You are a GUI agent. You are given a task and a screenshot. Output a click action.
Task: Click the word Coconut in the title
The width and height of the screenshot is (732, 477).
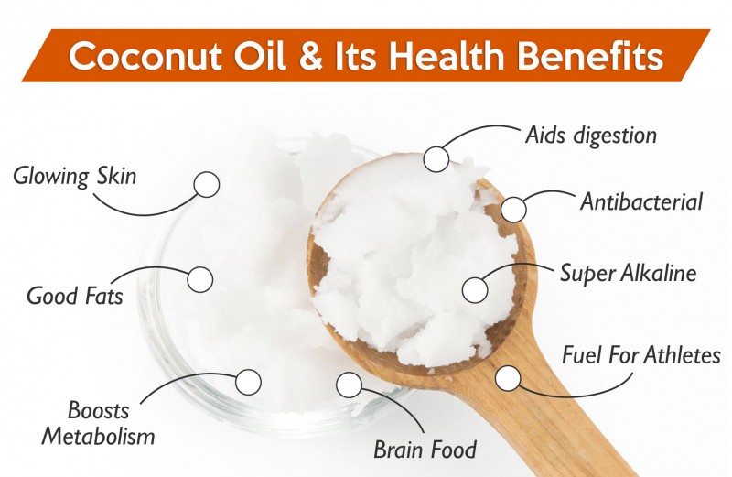click(145, 56)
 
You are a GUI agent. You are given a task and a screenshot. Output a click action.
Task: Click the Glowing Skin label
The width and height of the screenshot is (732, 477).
click(75, 177)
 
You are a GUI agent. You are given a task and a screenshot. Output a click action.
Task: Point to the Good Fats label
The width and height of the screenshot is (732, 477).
click(75, 296)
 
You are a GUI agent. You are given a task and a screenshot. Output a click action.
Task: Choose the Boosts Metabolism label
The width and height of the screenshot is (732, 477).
click(98, 423)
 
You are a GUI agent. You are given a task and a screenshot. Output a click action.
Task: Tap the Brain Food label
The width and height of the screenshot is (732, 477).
click(425, 450)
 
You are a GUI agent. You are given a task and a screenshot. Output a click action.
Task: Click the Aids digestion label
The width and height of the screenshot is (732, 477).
click(591, 136)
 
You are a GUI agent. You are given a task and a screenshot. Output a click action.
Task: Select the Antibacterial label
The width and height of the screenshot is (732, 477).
click(641, 201)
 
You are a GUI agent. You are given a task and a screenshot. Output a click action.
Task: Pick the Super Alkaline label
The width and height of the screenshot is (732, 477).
click(629, 273)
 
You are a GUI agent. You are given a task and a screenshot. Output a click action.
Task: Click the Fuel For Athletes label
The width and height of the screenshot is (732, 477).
click(641, 355)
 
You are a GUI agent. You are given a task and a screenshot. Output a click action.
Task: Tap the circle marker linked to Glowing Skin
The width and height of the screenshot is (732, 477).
click(207, 185)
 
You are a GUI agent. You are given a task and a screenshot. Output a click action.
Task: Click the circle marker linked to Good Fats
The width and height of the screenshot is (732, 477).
click(199, 280)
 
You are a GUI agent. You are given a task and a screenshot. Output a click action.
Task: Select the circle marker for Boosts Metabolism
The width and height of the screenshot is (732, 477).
click(248, 382)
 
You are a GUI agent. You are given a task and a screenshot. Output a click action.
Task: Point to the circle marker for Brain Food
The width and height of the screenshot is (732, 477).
click(349, 385)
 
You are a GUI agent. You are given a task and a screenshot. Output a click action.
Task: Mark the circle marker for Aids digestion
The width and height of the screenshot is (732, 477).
click(436, 159)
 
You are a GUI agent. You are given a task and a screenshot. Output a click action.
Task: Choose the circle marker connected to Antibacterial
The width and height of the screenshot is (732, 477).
click(513, 210)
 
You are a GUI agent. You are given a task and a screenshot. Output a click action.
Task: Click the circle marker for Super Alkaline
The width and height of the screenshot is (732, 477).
click(475, 290)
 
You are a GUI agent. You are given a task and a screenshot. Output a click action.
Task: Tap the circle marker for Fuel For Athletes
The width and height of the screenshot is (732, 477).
click(508, 378)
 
